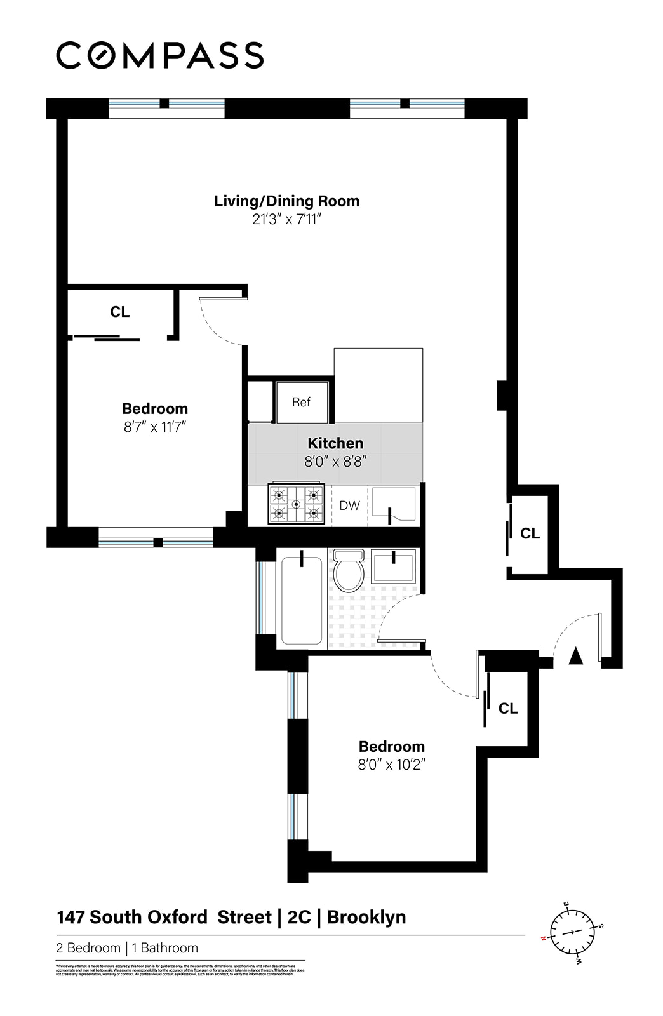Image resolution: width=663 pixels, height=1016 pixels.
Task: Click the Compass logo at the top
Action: (160, 55)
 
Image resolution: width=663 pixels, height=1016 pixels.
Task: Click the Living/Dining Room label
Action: (286, 201)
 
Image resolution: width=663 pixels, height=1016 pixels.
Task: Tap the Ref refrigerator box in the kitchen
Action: (302, 402)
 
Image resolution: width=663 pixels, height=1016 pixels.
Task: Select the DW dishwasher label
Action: (349, 505)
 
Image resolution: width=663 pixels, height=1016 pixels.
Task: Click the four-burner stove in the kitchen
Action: (296, 504)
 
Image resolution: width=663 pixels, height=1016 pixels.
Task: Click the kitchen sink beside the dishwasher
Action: (394, 505)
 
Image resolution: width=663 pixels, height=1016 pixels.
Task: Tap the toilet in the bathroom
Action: (348, 570)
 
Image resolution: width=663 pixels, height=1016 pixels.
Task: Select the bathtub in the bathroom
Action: (302, 600)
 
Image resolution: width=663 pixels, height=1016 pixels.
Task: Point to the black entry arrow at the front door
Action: (575, 656)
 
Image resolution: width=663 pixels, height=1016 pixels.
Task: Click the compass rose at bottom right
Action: (572, 932)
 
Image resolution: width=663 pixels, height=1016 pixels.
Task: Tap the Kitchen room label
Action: (335, 443)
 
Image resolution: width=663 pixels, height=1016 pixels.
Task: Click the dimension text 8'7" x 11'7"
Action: (155, 427)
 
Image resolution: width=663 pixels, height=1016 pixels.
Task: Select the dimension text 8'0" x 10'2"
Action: (391, 765)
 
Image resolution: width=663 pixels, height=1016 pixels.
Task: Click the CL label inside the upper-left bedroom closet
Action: (119, 312)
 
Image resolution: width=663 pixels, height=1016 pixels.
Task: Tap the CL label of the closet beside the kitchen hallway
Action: (530, 533)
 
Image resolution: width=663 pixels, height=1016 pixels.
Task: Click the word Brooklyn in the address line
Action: (366, 918)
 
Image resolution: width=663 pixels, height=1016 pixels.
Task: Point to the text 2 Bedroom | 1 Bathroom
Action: (127, 948)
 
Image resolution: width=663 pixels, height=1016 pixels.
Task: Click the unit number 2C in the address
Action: (299, 918)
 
